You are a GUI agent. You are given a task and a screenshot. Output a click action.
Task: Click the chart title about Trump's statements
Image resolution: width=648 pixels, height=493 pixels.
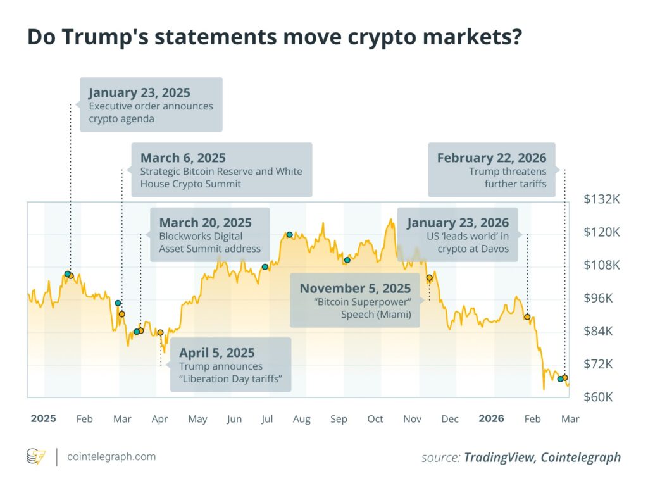(274, 37)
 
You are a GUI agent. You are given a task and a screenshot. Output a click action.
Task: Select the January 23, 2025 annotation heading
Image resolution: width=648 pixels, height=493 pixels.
(139, 92)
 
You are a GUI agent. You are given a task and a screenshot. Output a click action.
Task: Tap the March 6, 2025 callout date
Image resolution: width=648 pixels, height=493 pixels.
(183, 158)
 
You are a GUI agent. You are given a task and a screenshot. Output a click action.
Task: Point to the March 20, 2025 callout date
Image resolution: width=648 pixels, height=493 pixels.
(205, 223)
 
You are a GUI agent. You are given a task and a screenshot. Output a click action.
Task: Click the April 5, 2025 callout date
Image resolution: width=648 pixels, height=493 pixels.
(216, 353)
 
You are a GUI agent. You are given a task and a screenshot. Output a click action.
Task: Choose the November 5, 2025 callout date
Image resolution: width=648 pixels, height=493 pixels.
(355, 289)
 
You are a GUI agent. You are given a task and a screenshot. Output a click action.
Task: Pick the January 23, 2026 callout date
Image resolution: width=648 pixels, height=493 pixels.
(458, 223)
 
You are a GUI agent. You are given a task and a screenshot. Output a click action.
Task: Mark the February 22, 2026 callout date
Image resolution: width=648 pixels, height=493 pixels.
(491, 158)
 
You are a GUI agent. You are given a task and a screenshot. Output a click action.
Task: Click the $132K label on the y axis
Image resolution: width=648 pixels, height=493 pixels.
(601, 199)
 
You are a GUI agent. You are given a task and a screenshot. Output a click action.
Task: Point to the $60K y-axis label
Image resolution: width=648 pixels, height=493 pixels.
(601, 397)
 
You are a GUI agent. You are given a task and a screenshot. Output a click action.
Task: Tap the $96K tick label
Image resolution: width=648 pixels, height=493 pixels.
(601, 298)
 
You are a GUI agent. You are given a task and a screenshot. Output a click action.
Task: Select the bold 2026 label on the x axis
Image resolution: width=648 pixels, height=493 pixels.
(491, 419)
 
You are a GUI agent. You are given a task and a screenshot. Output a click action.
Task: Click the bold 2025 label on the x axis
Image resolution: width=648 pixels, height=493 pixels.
(43, 419)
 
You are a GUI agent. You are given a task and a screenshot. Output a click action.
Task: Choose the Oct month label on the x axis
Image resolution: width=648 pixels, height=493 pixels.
(375, 419)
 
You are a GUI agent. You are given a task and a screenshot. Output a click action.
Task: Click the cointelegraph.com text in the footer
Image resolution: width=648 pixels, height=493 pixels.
(111, 457)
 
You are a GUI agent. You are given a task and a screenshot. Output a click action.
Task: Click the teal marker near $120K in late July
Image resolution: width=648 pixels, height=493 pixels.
(289, 235)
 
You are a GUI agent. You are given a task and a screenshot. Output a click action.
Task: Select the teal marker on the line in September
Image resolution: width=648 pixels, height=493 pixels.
(347, 260)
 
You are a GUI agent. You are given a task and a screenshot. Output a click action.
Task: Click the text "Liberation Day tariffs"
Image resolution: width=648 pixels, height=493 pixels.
(231, 379)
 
